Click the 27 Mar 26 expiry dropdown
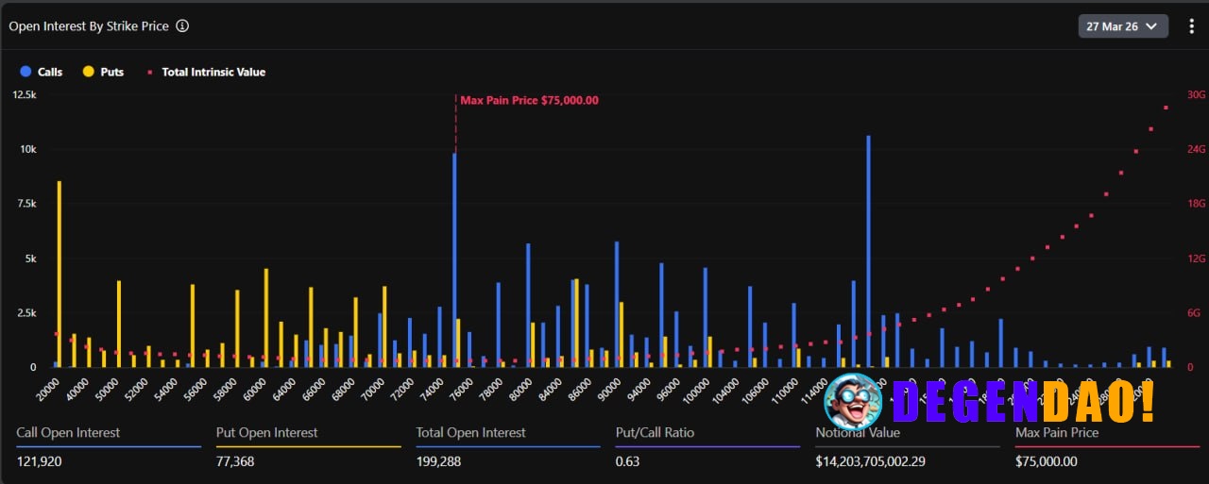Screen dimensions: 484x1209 [1122, 26]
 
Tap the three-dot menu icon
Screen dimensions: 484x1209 [1191, 26]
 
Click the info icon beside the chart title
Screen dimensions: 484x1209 [182, 26]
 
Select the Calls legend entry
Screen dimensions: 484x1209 [42, 72]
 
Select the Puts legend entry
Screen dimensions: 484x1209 [104, 72]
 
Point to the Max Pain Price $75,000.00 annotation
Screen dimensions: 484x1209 [529, 101]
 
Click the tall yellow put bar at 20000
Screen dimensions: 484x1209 [60, 274]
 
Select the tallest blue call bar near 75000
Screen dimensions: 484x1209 [454, 259]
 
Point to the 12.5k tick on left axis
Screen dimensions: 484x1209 [24, 94]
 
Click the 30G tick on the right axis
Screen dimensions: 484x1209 [1196, 94]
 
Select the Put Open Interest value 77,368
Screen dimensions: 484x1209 [235, 461]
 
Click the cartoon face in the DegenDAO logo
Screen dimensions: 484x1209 [853, 401]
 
